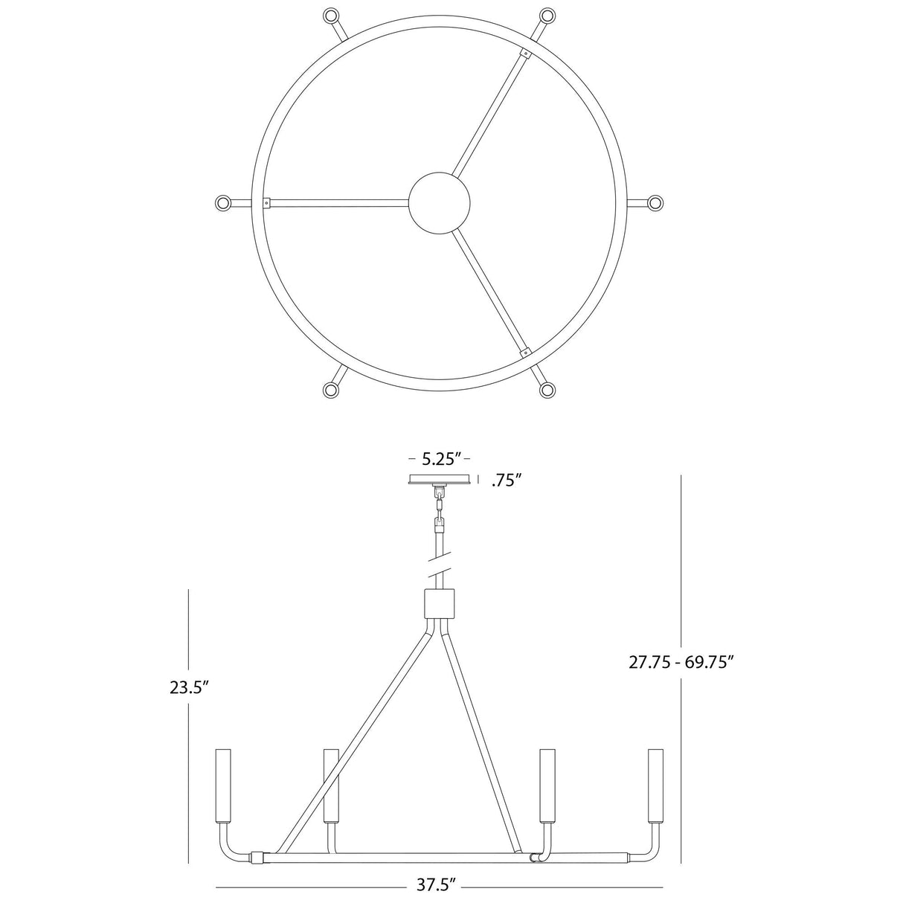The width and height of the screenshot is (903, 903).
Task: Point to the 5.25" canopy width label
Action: (440, 458)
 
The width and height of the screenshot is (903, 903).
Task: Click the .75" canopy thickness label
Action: (506, 481)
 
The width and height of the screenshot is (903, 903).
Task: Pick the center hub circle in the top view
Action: (440, 202)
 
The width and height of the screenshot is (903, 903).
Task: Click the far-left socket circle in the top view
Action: (222, 202)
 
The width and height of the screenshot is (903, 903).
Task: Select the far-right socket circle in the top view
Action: (655, 202)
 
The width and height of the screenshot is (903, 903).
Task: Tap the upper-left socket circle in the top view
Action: (330, 15)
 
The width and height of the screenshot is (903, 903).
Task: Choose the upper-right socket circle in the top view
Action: (548, 15)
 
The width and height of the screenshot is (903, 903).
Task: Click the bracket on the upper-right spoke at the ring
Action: (526, 54)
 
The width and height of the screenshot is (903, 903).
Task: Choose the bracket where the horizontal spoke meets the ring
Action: (266, 202)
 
